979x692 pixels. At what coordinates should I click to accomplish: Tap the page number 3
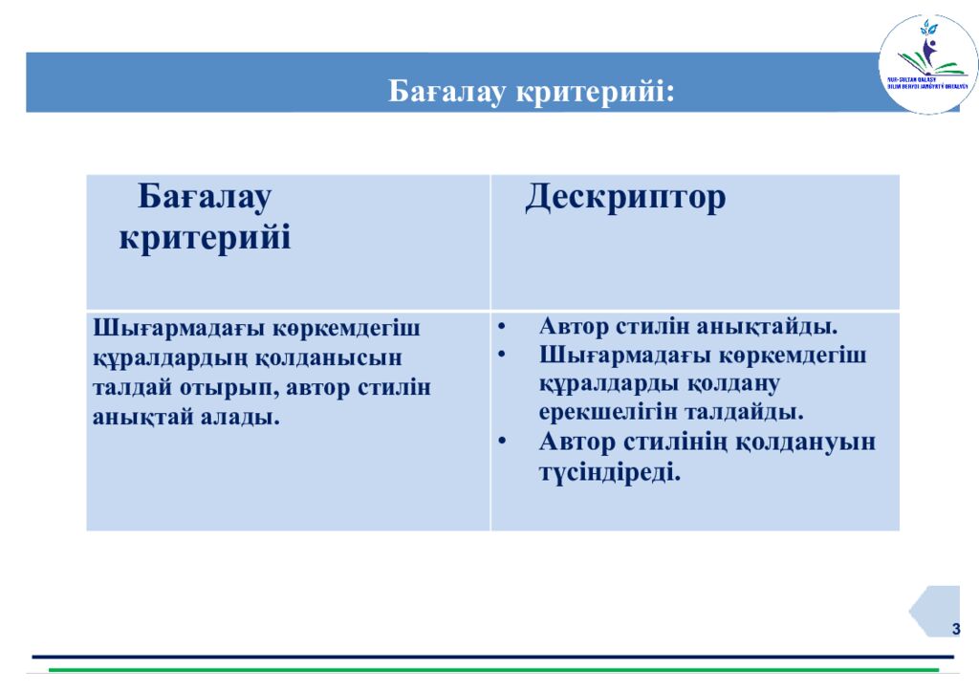coord(954,628)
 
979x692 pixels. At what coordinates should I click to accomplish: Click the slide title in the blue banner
coord(532,92)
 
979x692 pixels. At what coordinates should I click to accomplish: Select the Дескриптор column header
coord(625,197)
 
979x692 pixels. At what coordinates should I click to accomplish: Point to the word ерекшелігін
coord(604,412)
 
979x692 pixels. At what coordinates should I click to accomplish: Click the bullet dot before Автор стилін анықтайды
coord(504,327)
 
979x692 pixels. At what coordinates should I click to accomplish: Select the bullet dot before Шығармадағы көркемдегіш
coord(504,356)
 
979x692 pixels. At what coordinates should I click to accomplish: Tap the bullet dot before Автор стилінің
coord(504,443)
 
